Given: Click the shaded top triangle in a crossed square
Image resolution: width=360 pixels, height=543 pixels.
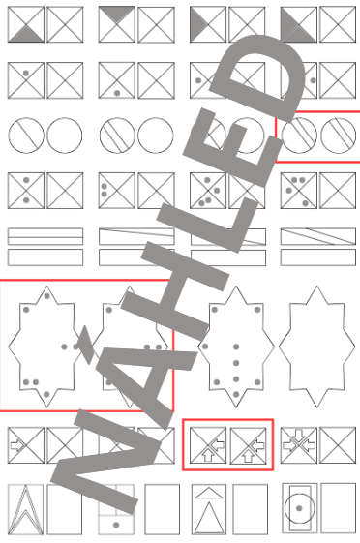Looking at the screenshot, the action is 117,14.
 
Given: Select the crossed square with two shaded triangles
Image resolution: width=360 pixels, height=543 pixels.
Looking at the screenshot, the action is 299,24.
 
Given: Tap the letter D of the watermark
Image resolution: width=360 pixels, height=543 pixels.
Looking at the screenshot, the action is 257,76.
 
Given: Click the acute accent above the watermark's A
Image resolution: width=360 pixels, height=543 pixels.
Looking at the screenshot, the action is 85,346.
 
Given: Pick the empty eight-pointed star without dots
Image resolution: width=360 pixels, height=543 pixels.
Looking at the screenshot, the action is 316,347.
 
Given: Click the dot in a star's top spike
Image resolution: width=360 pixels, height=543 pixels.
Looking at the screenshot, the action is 47,296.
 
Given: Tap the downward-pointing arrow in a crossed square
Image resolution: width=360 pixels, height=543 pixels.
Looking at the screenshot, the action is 299,435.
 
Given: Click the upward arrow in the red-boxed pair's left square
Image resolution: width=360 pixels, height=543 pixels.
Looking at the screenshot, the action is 208,456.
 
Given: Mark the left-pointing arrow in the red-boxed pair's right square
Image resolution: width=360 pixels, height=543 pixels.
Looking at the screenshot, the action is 258,444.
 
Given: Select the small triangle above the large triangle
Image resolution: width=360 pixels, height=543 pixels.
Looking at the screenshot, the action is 209,493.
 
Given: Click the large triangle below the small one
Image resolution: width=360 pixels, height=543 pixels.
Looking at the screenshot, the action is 209,518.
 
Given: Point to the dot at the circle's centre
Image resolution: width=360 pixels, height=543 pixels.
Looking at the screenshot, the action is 299,508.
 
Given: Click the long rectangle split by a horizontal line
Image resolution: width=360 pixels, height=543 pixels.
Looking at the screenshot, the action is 45,236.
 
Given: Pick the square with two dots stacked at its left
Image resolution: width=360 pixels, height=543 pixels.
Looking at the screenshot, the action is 117,191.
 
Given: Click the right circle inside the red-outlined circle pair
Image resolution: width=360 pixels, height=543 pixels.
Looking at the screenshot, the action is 338,136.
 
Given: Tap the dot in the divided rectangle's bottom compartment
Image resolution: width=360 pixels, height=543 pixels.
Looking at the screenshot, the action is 116,525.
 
